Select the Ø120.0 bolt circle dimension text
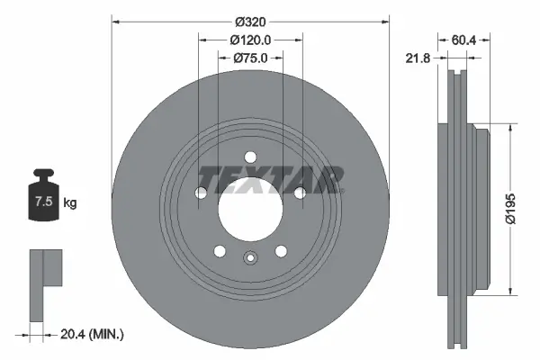click(x=250, y=40)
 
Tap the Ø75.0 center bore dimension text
click(x=250, y=58)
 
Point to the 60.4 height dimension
click(x=464, y=40)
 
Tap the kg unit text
click(x=70, y=203)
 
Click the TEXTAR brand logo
click(x=270, y=178)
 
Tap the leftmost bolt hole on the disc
click(x=202, y=192)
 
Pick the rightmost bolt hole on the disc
click(x=297, y=192)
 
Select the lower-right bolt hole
click(x=280, y=251)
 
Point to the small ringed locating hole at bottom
click(x=250, y=260)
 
